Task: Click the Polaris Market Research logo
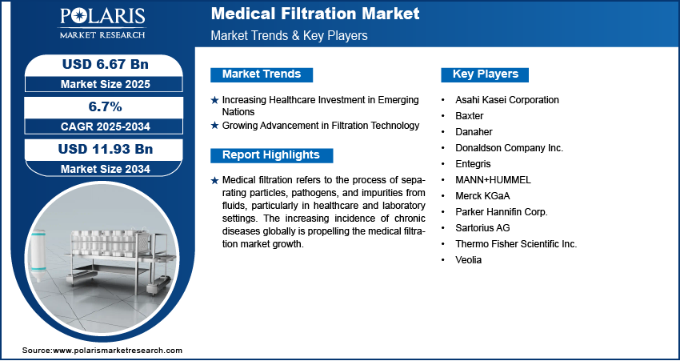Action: pos(102,22)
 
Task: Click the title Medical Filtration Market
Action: pos(315,14)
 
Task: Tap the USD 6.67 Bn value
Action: pos(106,64)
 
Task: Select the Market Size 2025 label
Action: pos(105,84)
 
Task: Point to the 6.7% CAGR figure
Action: pos(104,106)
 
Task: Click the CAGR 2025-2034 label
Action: pos(105,126)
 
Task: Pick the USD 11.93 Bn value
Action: pos(106,149)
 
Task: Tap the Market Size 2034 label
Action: pos(105,169)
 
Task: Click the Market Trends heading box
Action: pos(262,74)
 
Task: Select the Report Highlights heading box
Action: pos(271,155)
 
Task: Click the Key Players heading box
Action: pos(485,74)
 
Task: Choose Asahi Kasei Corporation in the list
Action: pos(507,100)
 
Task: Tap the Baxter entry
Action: pos(470,116)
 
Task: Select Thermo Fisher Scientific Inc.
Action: pos(516,244)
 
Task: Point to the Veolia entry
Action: pos(468,260)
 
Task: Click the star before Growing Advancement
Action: pos(214,126)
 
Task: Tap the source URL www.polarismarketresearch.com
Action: pos(118,350)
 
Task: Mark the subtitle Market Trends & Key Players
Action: pos(289,35)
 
